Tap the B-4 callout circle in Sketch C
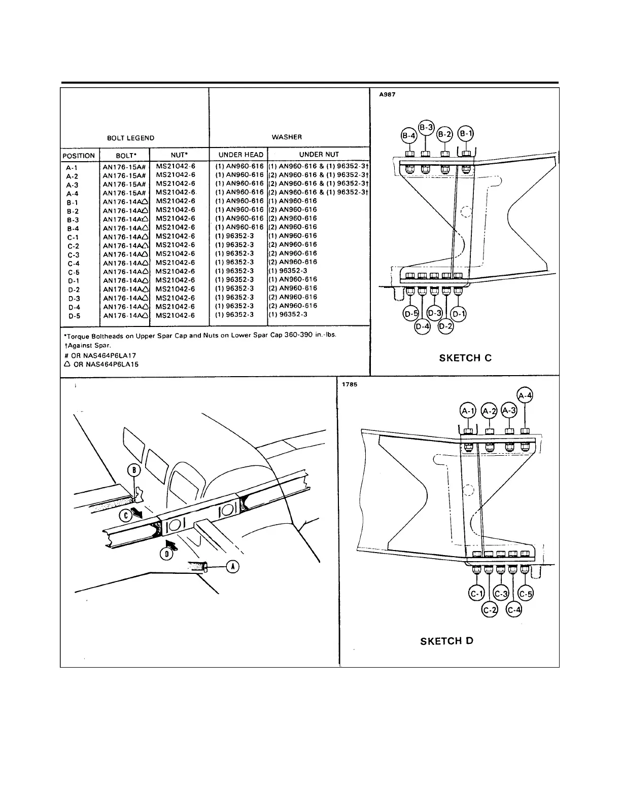pos(408,135)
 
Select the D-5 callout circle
pos(410,314)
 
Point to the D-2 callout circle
pos(445,325)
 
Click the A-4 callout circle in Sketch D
pos(525,395)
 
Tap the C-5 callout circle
pos(526,594)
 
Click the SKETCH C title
pos(465,358)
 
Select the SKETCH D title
pos(446,641)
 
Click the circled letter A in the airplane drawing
pos(232,566)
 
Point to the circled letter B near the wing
pos(134,470)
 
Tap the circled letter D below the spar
pos(166,554)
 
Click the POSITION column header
pos(79,156)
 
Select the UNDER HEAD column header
pos(240,155)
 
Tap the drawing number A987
pos(387,95)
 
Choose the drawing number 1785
pos(350,384)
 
